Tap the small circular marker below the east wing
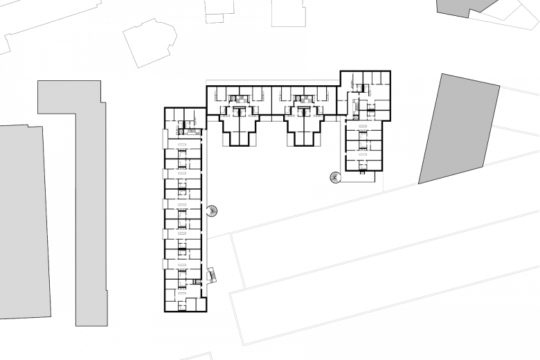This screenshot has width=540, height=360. (x=336, y=178)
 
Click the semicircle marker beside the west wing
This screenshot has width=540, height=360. (x=212, y=210)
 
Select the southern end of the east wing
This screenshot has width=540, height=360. (x=364, y=159)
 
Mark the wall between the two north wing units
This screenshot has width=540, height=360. (x=271, y=100)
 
